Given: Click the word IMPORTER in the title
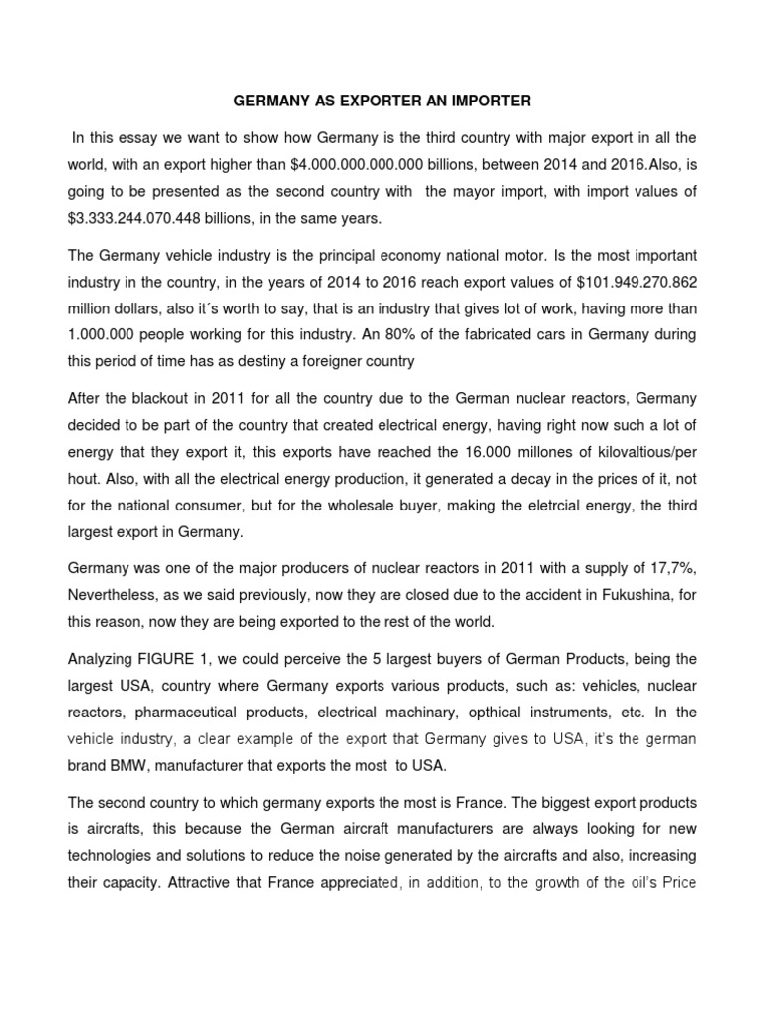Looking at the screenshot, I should (x=488, y=102).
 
